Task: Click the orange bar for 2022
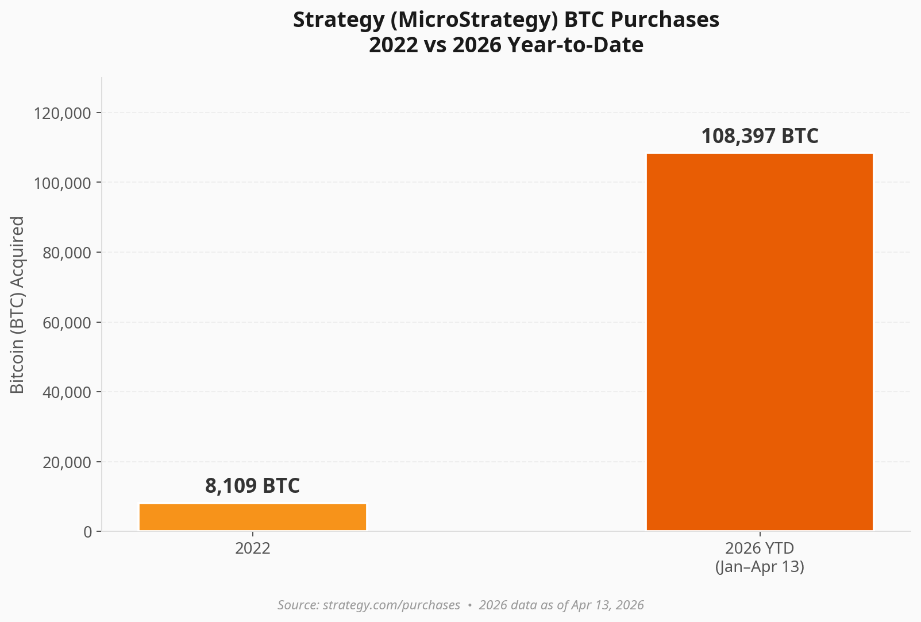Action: (x=253, y=517)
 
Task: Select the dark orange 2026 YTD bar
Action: (x=760, y=342)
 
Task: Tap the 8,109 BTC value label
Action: (x=252, y=486)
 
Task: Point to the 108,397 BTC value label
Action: (x=760, y=137)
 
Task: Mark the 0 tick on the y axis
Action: (x=88, y=532)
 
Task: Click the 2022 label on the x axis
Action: (x=253, y=548)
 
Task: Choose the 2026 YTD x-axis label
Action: (x=760, y=548)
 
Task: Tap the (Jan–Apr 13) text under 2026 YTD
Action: (x=760, y=567)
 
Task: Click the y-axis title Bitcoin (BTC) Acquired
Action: (x=18, y=304)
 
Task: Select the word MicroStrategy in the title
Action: (x=472, y=20)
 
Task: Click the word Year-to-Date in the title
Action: (x=576, y=45)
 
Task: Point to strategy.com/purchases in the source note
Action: (x=391, y=605)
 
